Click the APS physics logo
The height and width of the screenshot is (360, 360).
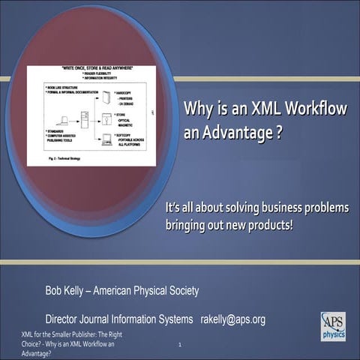coord(333,326)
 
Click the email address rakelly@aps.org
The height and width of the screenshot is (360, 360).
coord(232,319)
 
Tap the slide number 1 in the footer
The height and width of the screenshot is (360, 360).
coord(181,345)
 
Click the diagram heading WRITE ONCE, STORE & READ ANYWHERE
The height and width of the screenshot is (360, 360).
coord(91,70)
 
